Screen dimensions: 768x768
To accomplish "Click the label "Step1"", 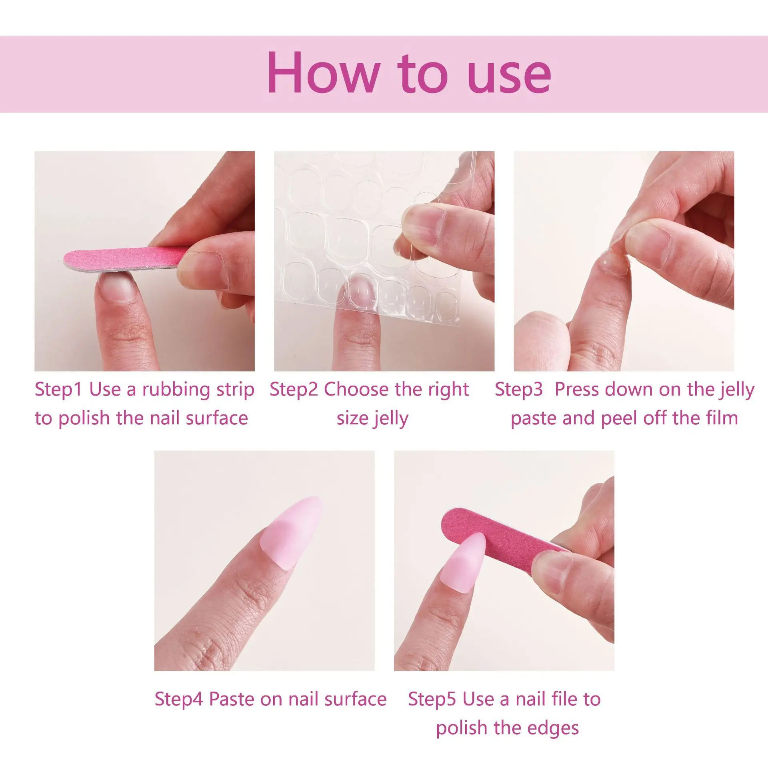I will [58, 389].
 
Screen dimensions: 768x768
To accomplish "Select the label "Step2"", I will [294, 389].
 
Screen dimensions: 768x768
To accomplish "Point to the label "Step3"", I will [519, 389].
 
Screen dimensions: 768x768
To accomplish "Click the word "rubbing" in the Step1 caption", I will [176, 389].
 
